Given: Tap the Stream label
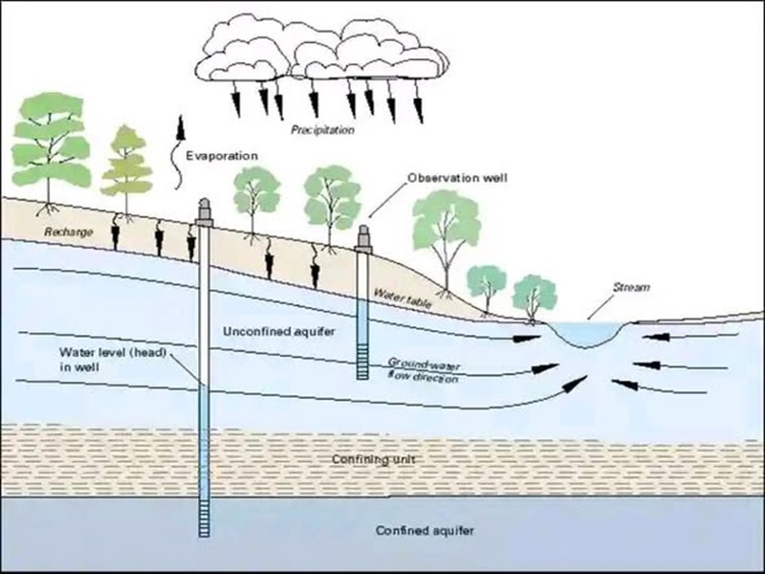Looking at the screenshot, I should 630,287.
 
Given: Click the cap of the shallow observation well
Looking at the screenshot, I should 363,237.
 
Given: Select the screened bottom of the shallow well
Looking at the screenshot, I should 362,361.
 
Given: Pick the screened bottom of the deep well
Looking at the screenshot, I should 205,518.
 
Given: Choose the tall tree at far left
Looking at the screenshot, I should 51,143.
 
